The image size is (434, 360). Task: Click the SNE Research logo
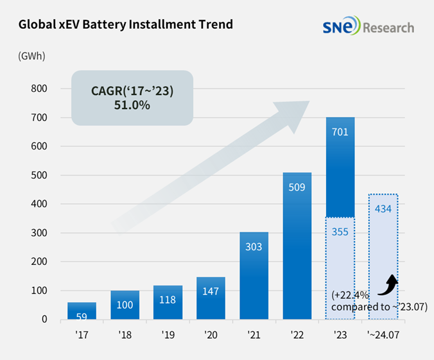[369, 28]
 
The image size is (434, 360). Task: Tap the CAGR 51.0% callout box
[132, 98]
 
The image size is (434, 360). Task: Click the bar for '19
[168, 302]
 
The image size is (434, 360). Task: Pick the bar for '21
[254, 275]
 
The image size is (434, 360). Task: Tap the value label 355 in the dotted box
[340, 232]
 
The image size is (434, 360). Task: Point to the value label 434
[383, 209]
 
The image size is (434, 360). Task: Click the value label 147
[211, 291]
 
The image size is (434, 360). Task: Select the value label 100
[125, 305]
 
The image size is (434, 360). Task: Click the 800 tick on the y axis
[39, 89]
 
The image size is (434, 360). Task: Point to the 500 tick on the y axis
[39, 175]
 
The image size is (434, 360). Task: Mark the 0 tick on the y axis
[44, 319]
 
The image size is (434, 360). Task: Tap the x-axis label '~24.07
[383, 334]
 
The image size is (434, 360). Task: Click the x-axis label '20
[211, 334]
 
